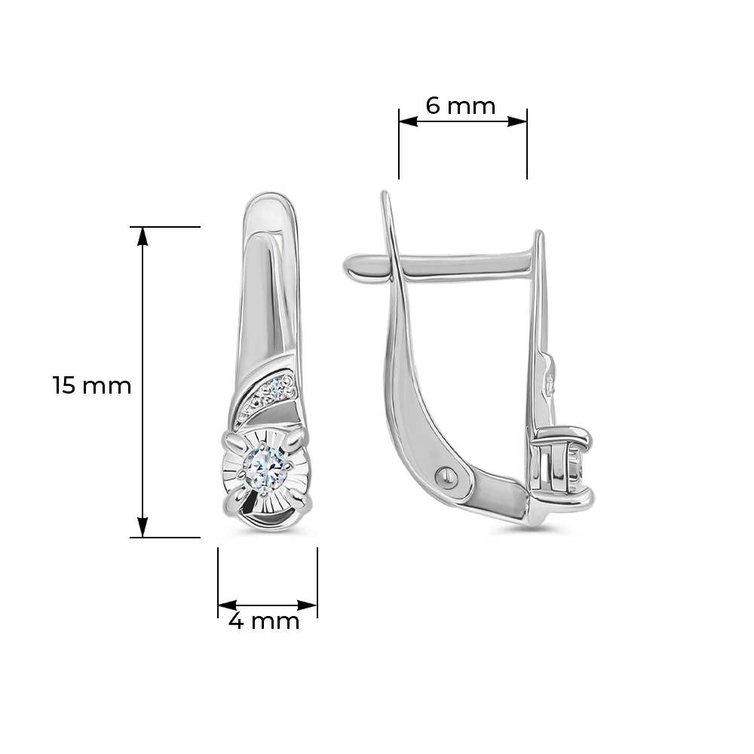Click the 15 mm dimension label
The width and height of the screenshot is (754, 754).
click(91, 385)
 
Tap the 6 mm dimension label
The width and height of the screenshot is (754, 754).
click(460, 106)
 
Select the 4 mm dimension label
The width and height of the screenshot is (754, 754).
click(264, 621)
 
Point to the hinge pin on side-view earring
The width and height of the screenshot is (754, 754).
click(445, 477)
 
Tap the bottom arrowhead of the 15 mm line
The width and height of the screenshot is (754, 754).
click(143, 528)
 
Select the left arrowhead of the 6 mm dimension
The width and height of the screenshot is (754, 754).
click(408, 121)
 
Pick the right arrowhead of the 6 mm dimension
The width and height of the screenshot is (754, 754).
click(517, 121)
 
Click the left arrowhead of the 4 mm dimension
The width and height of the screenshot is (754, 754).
click(228, 605)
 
